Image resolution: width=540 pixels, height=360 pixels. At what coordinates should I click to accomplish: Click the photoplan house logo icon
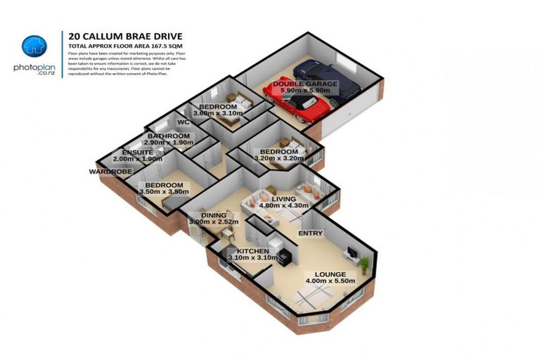[34, 46]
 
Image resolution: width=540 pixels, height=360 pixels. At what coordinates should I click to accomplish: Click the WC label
[184, 122]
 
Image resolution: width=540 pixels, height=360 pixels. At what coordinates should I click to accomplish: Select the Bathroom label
[169, 136]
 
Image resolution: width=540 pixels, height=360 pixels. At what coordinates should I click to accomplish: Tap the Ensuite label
[138, 152]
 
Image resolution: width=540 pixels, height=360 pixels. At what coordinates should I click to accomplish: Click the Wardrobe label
[108, 171]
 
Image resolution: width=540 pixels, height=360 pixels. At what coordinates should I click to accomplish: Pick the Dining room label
[214, 215]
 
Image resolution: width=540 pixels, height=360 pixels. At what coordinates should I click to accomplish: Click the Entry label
[310, 233]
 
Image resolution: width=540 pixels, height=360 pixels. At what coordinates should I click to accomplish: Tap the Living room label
[285, 199]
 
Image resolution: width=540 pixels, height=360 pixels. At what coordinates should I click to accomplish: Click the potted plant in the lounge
[365, 264]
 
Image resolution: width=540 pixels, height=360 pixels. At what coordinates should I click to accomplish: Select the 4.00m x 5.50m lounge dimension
[330, 281]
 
